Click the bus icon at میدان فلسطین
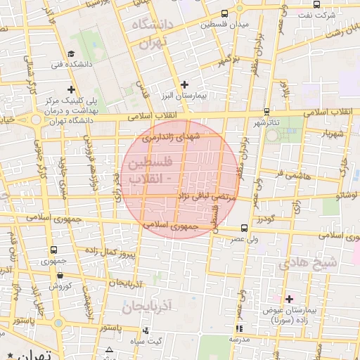pyautogui.click(x=224, y=13)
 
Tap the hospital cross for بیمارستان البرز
pyautogui.click(x=184, y=84)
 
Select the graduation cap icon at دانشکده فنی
pyautogui.click(x=72, y=54)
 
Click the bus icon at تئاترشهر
pyautogui.click(x=266, y=112)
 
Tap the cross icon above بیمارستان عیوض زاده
pyautogui.click(x=288, y=299)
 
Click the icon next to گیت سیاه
pyautogui.click(x=146, y=330)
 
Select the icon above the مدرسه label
pyautogui.click(x=239, y=328)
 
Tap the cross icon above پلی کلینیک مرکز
pyautogui.click(x=72, y=89)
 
